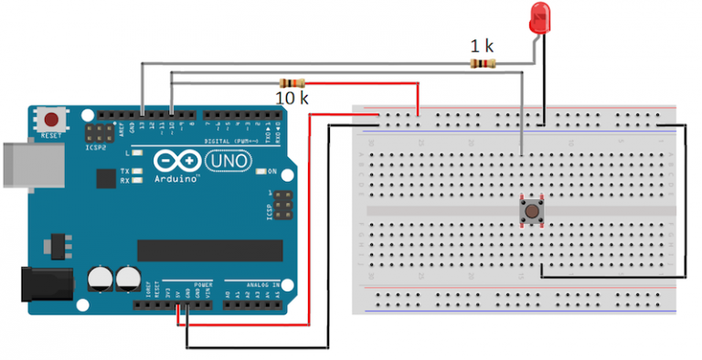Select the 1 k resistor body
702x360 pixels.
483,63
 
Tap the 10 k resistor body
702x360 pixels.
292,82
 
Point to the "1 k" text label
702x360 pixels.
483,46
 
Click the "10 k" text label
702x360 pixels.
292,97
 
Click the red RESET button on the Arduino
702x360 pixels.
50,120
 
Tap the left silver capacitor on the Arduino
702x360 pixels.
100,279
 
